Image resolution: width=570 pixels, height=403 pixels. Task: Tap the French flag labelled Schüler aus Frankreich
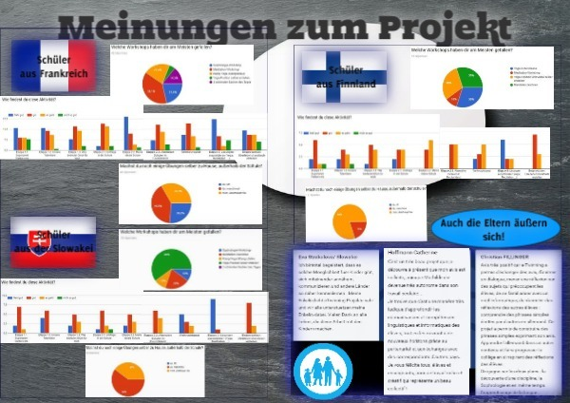tap(53, 67)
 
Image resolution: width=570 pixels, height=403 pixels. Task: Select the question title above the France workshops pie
tap(169, 48)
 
